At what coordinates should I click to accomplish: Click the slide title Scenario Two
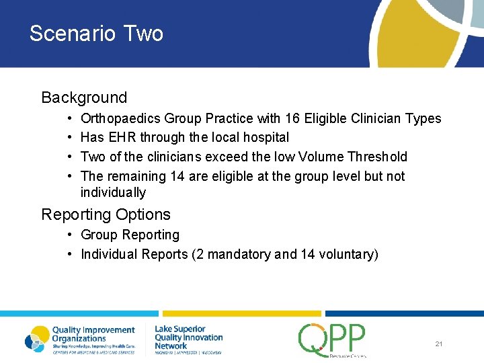click(x=96, y=34)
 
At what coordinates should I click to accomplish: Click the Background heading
click(x=84, y=97)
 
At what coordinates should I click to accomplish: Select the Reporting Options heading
click(x=106, y=214)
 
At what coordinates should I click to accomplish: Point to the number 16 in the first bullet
click(x=310, y=119)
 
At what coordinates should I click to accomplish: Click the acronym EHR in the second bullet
click(x=118, y=138)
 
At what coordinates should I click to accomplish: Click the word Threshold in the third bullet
click(x=377, y=157)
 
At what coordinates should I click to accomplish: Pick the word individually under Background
click(x=113, y=193)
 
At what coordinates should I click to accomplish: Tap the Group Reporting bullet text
click(x=130, y=235)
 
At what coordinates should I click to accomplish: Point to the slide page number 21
click(x=438, y=344)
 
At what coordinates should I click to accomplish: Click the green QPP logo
click(x=332, y=339)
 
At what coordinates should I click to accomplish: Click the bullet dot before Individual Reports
click(x=71, y=255)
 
